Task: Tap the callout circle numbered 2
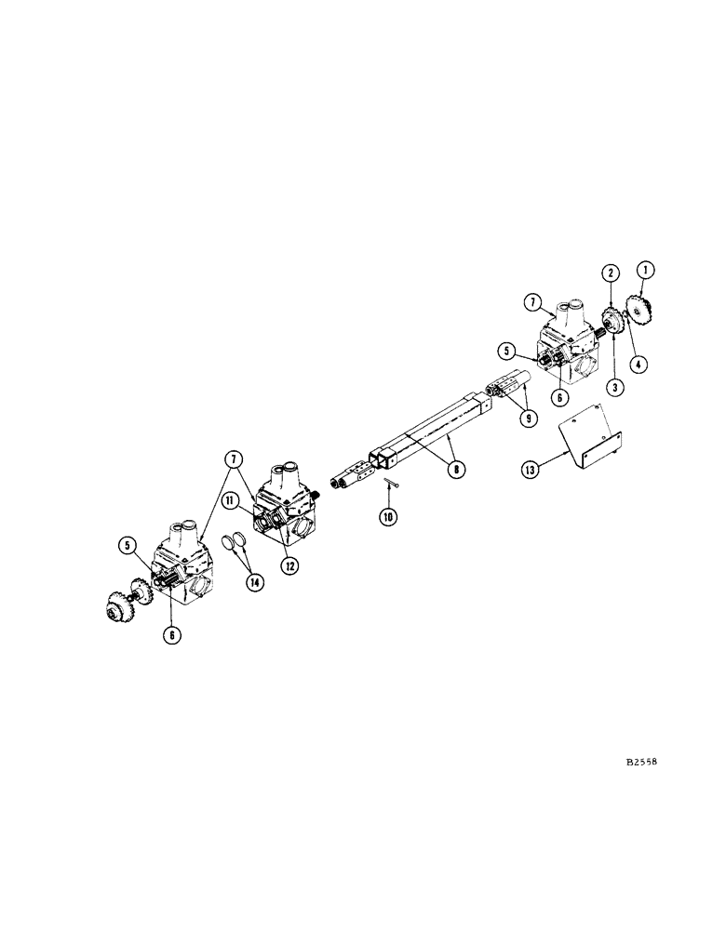tap(611, 272)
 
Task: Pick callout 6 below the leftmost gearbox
tap(172, 636)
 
